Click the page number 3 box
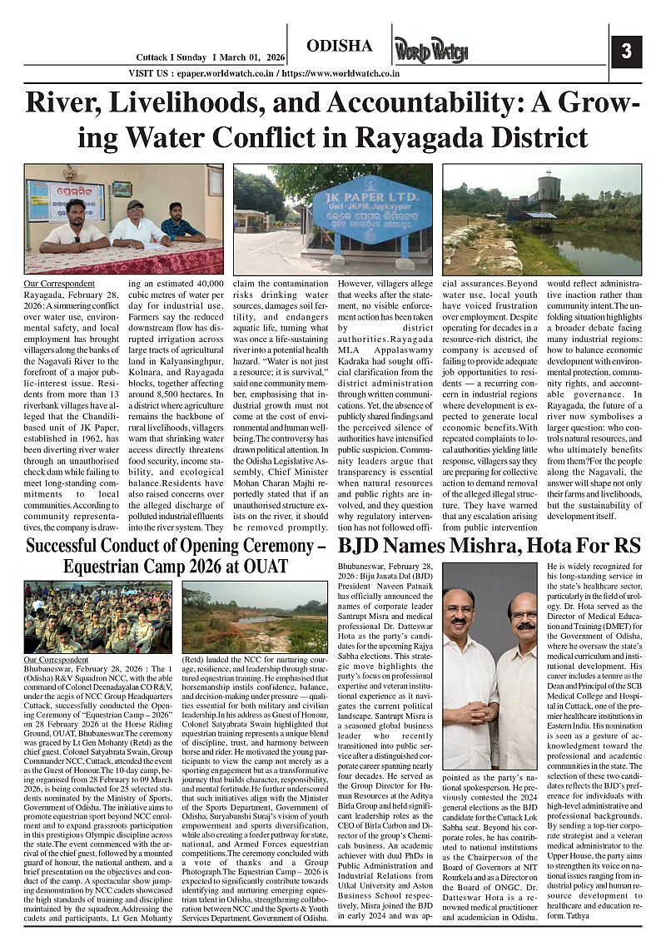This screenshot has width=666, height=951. [x=626, y=52]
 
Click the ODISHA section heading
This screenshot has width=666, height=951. [x=340, y=45]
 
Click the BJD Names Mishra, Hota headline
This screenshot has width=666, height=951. [x=489, y=547]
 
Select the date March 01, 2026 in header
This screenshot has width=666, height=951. [x=250, y=57]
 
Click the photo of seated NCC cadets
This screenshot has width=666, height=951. [x=98, y=617]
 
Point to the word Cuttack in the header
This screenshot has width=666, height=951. [x=155, y=57]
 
